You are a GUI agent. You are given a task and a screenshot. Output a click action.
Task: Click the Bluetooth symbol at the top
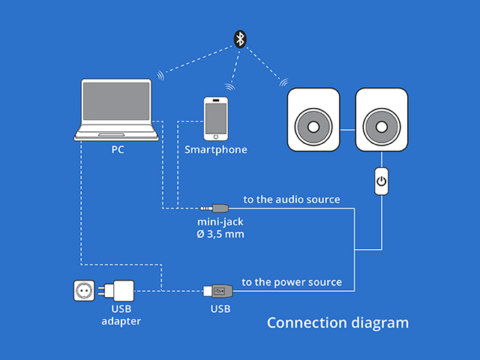[239, 38]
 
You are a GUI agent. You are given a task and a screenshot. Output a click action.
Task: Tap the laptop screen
[117, 105]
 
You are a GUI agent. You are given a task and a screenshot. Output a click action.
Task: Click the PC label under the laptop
[118, 149]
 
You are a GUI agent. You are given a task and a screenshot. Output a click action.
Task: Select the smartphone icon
[216, 118]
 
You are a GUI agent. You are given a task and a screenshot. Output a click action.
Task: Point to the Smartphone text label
[216, 150]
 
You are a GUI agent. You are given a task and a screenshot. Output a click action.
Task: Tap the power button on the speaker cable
[381, 181]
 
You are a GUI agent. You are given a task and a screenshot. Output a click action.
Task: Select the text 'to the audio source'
[292, 199]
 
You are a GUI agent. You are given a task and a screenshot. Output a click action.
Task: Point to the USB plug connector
[216, 290]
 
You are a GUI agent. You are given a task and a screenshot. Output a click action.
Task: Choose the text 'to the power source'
[292, 282]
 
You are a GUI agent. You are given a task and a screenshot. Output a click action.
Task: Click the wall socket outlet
[85, 290]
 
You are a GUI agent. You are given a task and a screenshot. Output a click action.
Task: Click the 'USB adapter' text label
[121, 314]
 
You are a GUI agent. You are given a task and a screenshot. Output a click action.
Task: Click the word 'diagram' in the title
[380, 323]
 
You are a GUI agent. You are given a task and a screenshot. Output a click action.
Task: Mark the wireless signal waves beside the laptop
[160, 75]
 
